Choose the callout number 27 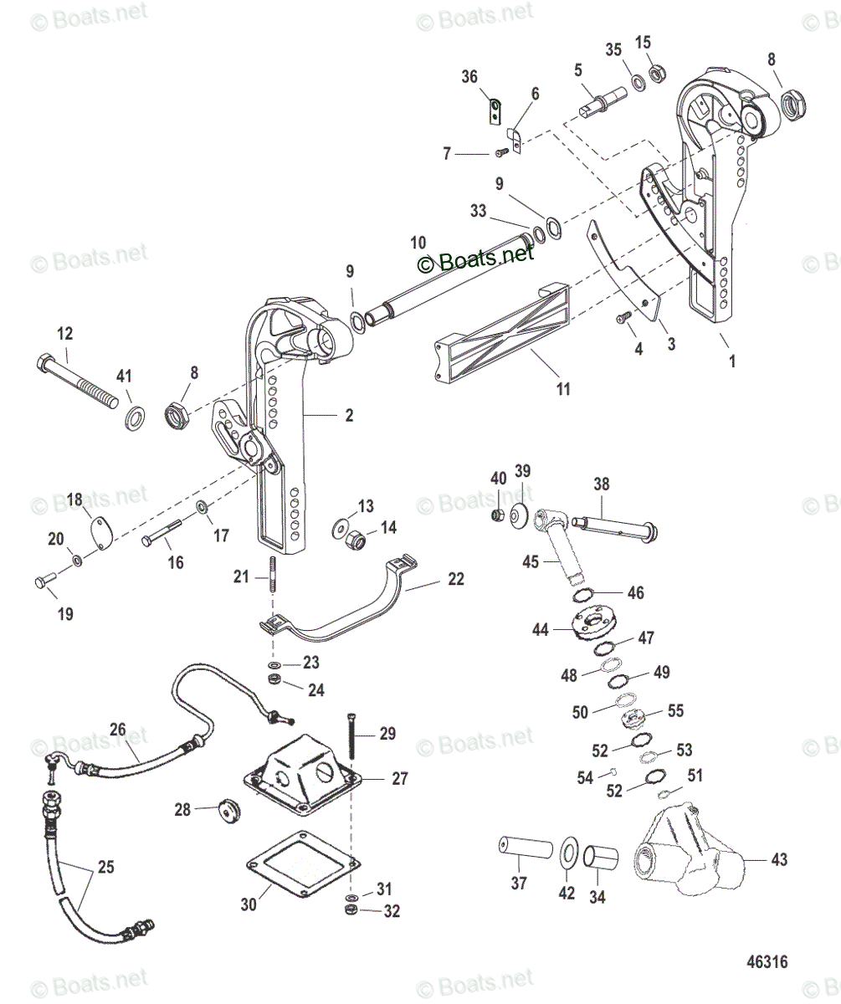coord(399,778)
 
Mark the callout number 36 coord(469,77)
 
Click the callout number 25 coord(105,868)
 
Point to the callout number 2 coord(348,415)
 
